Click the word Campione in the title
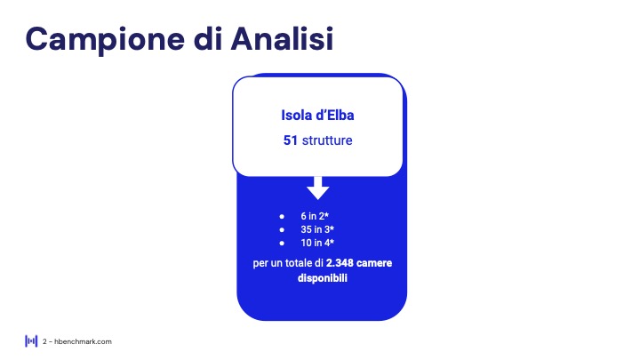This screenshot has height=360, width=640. point(105,40)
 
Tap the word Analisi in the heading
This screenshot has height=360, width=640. point(282,38)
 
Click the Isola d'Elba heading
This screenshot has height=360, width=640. point(317,115)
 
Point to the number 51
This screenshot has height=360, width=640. point(290,140)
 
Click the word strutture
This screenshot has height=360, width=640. point(327,140)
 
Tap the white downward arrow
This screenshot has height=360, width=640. point(318,188)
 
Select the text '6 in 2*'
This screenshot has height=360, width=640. point(315,216)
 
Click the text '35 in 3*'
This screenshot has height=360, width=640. point(317,229)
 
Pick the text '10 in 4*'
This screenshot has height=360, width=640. point(317,243)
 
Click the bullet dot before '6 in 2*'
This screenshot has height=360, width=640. point(282,216)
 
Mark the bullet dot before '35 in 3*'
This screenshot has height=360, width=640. point(282,230)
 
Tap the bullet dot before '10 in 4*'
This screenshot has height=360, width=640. point(282,244)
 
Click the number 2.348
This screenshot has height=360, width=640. point(340,263)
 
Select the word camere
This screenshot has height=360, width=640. point(374,263)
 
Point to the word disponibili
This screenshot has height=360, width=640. point(323,278)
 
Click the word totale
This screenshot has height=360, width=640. point(300,263)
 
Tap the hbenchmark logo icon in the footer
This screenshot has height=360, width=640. point(31,341)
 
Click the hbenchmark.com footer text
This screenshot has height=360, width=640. point(83,341)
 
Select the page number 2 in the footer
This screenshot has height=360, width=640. point(44,341)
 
